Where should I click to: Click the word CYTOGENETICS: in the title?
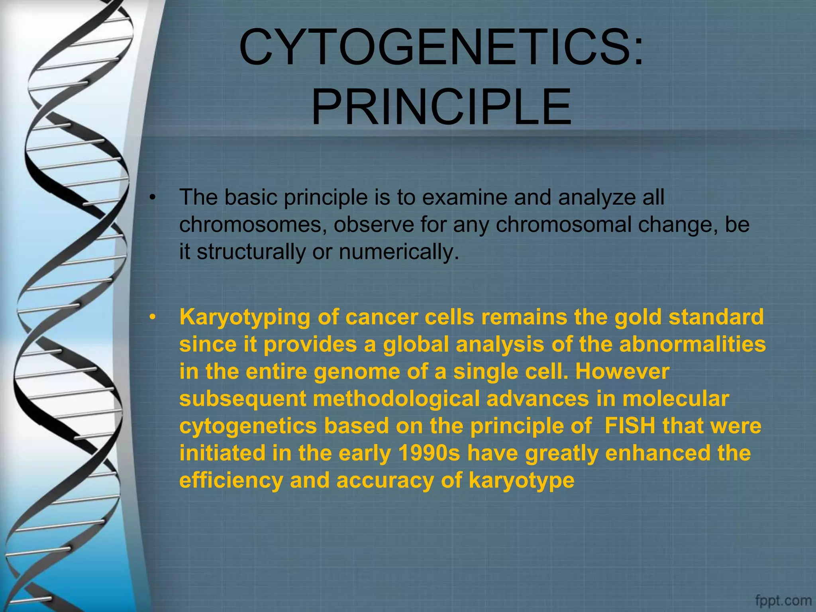point(441,48)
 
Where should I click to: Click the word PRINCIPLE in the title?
point(441,108)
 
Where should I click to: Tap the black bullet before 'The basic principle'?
point(152,198)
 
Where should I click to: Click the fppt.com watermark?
point(783,600)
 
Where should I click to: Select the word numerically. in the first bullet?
point(399,252)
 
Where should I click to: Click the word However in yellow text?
point(622,371)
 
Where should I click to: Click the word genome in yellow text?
point(357,371)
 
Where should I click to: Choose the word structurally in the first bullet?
point(251,252)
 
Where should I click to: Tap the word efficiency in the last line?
point(231,481)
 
